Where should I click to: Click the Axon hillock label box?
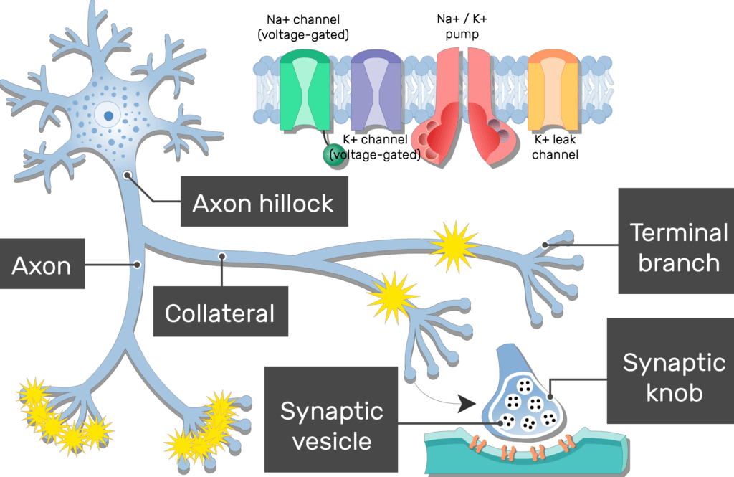click(x=263, y=203)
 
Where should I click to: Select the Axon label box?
click(x=42, y=266)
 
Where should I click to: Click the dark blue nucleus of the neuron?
click(x=108, y=115)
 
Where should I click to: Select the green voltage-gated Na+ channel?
click(x=306, y=90)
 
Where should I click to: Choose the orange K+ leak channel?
click(x=553, y=90)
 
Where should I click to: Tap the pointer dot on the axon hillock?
click(x=128, y=174)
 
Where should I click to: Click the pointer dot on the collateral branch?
click(x=223, y=255)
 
